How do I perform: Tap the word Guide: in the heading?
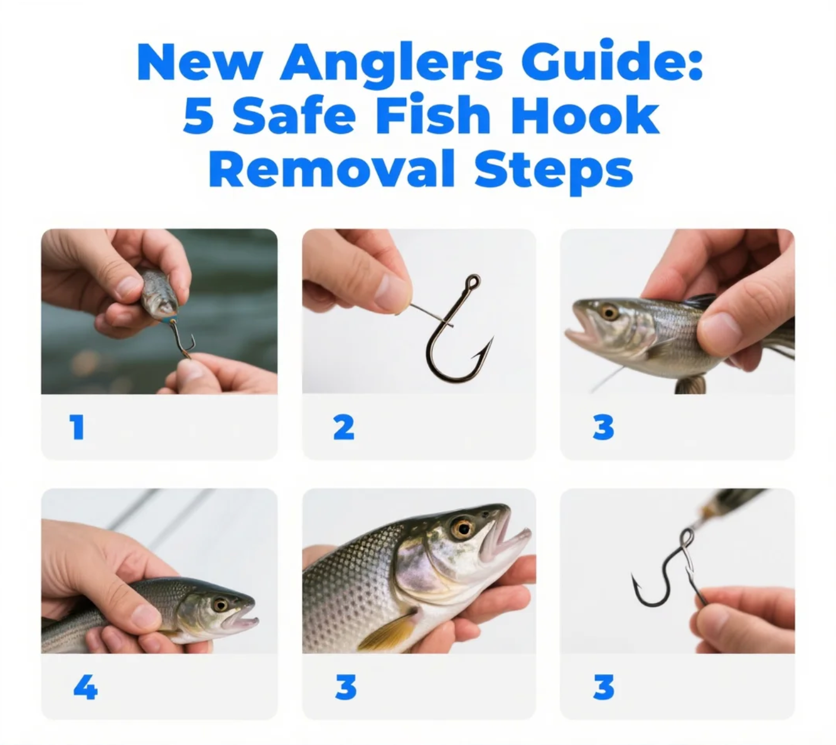pos(612,62)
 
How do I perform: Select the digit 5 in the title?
pos(198,115)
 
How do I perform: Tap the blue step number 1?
pos(77,427)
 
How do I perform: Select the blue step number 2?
pos(344,427)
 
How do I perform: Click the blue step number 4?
pos(85,688)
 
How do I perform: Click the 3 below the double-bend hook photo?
pos(603,688)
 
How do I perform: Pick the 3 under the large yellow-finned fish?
pos(346,688)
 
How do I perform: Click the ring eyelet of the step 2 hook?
pos(473,281)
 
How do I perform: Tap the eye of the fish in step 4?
pos(220,605)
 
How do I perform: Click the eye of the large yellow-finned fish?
pos(462,528)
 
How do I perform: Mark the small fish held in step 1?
pos(159,293)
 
